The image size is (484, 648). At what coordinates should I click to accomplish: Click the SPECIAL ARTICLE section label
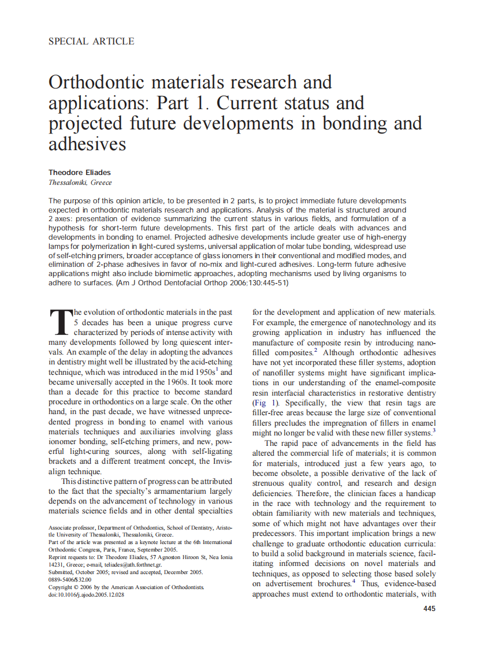(91, 42)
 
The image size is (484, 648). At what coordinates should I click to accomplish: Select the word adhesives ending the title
(87, 143)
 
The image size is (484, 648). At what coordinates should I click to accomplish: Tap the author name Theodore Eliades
(80, 172)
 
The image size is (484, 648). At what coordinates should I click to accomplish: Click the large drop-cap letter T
(59, 322)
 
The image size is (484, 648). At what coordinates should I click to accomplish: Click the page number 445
(429, 609)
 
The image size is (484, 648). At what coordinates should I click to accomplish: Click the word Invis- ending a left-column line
(222, 461)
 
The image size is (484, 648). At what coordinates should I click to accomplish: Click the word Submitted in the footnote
(62, 572)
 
